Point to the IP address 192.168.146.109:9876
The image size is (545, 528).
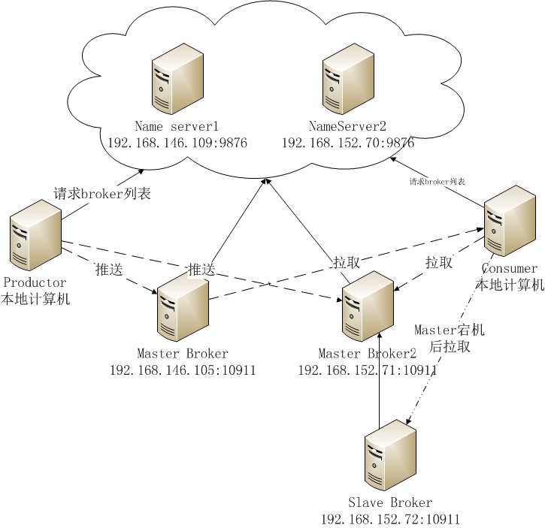coord(177,142)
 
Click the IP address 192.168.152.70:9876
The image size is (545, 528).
coord(348,142)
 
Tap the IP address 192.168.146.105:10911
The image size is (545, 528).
coord(183,370)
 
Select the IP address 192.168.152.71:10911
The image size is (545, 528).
coord(368,370)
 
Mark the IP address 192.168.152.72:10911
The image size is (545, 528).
coord(390,519)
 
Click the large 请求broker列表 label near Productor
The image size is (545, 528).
coord(102,194)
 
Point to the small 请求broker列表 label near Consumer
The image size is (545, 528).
coord(438,182)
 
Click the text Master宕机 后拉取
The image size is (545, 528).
coord(450,338)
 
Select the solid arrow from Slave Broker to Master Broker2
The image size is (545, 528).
coord(380,376)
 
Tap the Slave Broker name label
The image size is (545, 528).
coord(390,502)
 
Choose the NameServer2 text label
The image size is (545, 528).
coord(347,125)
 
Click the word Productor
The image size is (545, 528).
coord(35,282)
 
